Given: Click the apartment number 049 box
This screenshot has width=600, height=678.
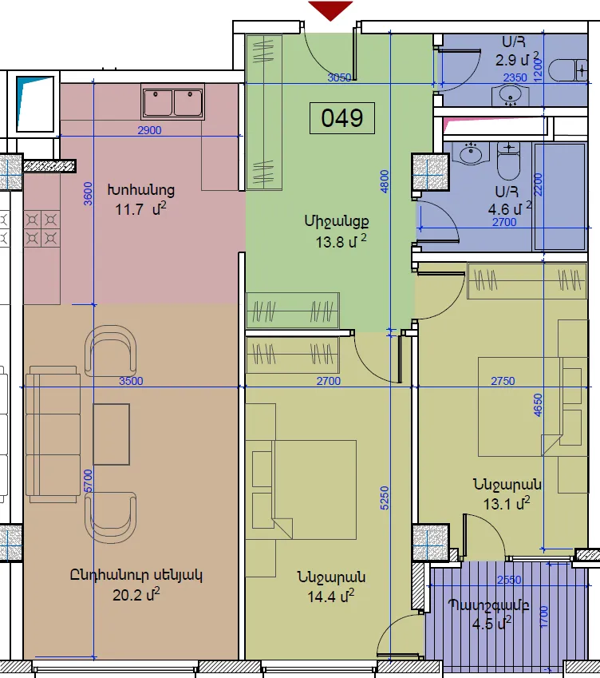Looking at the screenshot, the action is click(342, 118).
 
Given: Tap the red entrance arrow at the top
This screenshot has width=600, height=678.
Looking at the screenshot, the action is click(330, 10).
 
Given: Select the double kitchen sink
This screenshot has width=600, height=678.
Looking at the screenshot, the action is click(173, 102).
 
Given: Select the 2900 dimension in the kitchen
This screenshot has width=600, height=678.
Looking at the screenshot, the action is click(149, 130).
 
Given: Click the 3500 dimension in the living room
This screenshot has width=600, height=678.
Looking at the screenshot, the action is click(131, 381).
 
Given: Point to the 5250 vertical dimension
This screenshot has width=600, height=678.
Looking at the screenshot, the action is click(385, 498).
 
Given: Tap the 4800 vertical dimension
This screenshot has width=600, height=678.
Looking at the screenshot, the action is click(385, 181).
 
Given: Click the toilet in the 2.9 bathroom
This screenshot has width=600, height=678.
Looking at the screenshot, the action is click(567, 69).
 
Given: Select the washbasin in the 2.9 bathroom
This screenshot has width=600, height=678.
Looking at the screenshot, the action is click(511, 94).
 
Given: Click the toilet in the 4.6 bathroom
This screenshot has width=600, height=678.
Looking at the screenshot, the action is click(508, 161).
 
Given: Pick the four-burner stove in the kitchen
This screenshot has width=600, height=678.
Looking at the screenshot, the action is click(41, 228).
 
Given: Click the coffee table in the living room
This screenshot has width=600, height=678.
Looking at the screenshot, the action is click(112, 434).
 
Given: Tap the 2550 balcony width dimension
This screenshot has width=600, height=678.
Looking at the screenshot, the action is click(509, 580).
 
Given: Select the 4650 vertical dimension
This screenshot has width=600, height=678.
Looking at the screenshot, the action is click(537, 405).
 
